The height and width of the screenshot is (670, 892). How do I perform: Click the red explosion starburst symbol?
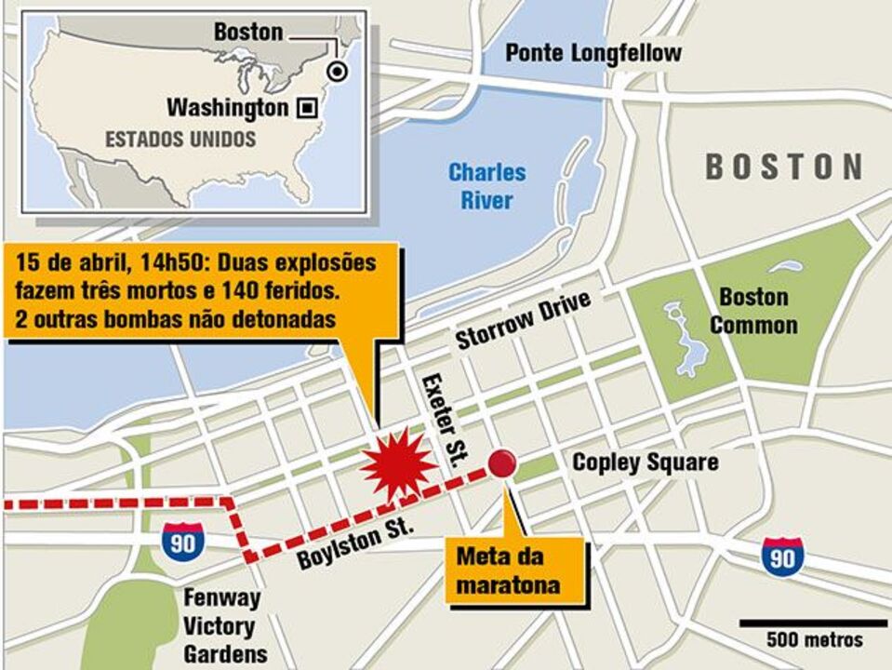[x=398, y=463]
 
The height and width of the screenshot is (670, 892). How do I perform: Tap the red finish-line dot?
[x=503, y=462]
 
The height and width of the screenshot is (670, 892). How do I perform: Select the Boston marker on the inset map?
[x=338, y=71]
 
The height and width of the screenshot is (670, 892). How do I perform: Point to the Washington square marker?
[x=305, y=108]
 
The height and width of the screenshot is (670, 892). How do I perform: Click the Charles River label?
[x=486, y=185]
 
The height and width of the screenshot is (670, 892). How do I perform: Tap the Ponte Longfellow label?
[x=592, y=53]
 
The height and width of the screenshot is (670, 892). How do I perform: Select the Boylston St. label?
[x=353, y=548]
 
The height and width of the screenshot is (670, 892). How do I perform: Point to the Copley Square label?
[x=645, y=462]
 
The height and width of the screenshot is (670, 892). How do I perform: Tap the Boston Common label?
[x=753, y=311]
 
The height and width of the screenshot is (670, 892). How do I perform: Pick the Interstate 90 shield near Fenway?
[x=182, y=541]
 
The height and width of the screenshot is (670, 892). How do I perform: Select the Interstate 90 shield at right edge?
[x=782, y=556]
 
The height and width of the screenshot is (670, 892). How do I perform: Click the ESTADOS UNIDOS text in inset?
[x=180, y=140]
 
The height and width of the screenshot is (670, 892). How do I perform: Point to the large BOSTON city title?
[x=784, y=167]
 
